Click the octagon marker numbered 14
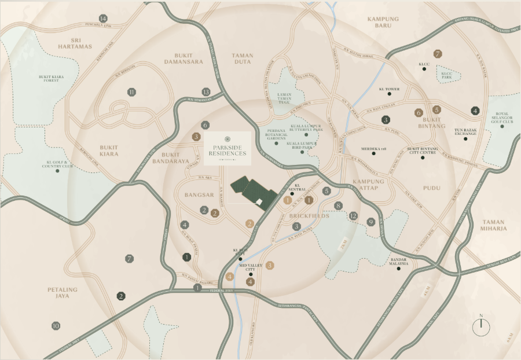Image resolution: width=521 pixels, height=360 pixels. coord(104,19)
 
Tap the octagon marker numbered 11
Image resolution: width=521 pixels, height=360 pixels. coord(132,92)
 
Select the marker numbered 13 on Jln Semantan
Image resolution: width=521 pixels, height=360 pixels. coord(206,92)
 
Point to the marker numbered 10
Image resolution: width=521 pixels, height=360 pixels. coord(56,326)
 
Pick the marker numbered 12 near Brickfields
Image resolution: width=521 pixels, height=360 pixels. coord(354,216)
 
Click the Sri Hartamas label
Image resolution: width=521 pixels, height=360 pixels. coord(76,42)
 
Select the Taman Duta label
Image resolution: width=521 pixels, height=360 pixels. coord(243,59)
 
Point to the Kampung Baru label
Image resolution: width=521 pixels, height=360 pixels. coord(383,22)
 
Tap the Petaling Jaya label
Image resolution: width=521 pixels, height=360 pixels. coord(58,292)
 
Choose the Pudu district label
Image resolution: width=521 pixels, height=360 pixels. coord(432,189)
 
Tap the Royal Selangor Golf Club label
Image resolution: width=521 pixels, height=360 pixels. coord(502,117)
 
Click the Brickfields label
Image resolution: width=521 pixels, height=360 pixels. coord(309,215)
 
